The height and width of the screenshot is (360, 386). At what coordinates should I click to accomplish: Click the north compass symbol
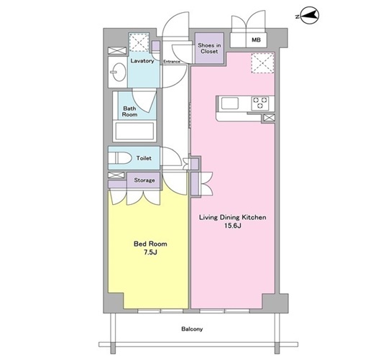pos(309,16)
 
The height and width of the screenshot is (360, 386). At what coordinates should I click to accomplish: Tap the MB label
pos(256,40)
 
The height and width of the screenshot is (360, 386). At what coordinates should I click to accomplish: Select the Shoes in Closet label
pos(209,48)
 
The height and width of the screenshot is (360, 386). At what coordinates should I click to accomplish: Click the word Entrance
pos(172,62)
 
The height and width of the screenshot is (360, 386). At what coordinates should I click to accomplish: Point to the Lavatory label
pos(142,61)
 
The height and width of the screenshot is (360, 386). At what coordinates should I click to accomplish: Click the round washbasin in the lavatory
pos(119,72)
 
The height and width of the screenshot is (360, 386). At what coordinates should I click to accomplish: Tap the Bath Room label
pos(129,111)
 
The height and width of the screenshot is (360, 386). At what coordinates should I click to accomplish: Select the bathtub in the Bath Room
pos(134,131)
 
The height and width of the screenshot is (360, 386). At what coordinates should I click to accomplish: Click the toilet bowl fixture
pos(120,158)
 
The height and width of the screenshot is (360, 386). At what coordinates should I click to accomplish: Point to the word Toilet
pos(144,158)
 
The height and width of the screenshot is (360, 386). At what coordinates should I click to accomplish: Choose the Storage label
pos(144,180)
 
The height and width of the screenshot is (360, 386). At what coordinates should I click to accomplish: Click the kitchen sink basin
pos(230,103)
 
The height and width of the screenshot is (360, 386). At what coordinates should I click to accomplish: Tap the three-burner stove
pos(260,103)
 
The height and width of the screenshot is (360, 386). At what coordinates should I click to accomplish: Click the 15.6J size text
pos(232,226)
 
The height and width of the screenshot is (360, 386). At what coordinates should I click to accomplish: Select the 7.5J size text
pos(150,252)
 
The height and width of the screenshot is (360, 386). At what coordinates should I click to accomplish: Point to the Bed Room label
pos(150,244)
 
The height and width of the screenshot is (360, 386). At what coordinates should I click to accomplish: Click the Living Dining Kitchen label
pos(232,218)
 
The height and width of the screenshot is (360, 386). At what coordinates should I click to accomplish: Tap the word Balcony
pos(192,329)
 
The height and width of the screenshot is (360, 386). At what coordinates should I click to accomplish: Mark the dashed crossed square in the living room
pos(262,63)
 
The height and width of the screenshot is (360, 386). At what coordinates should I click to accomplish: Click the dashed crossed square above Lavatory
pos(139,42)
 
